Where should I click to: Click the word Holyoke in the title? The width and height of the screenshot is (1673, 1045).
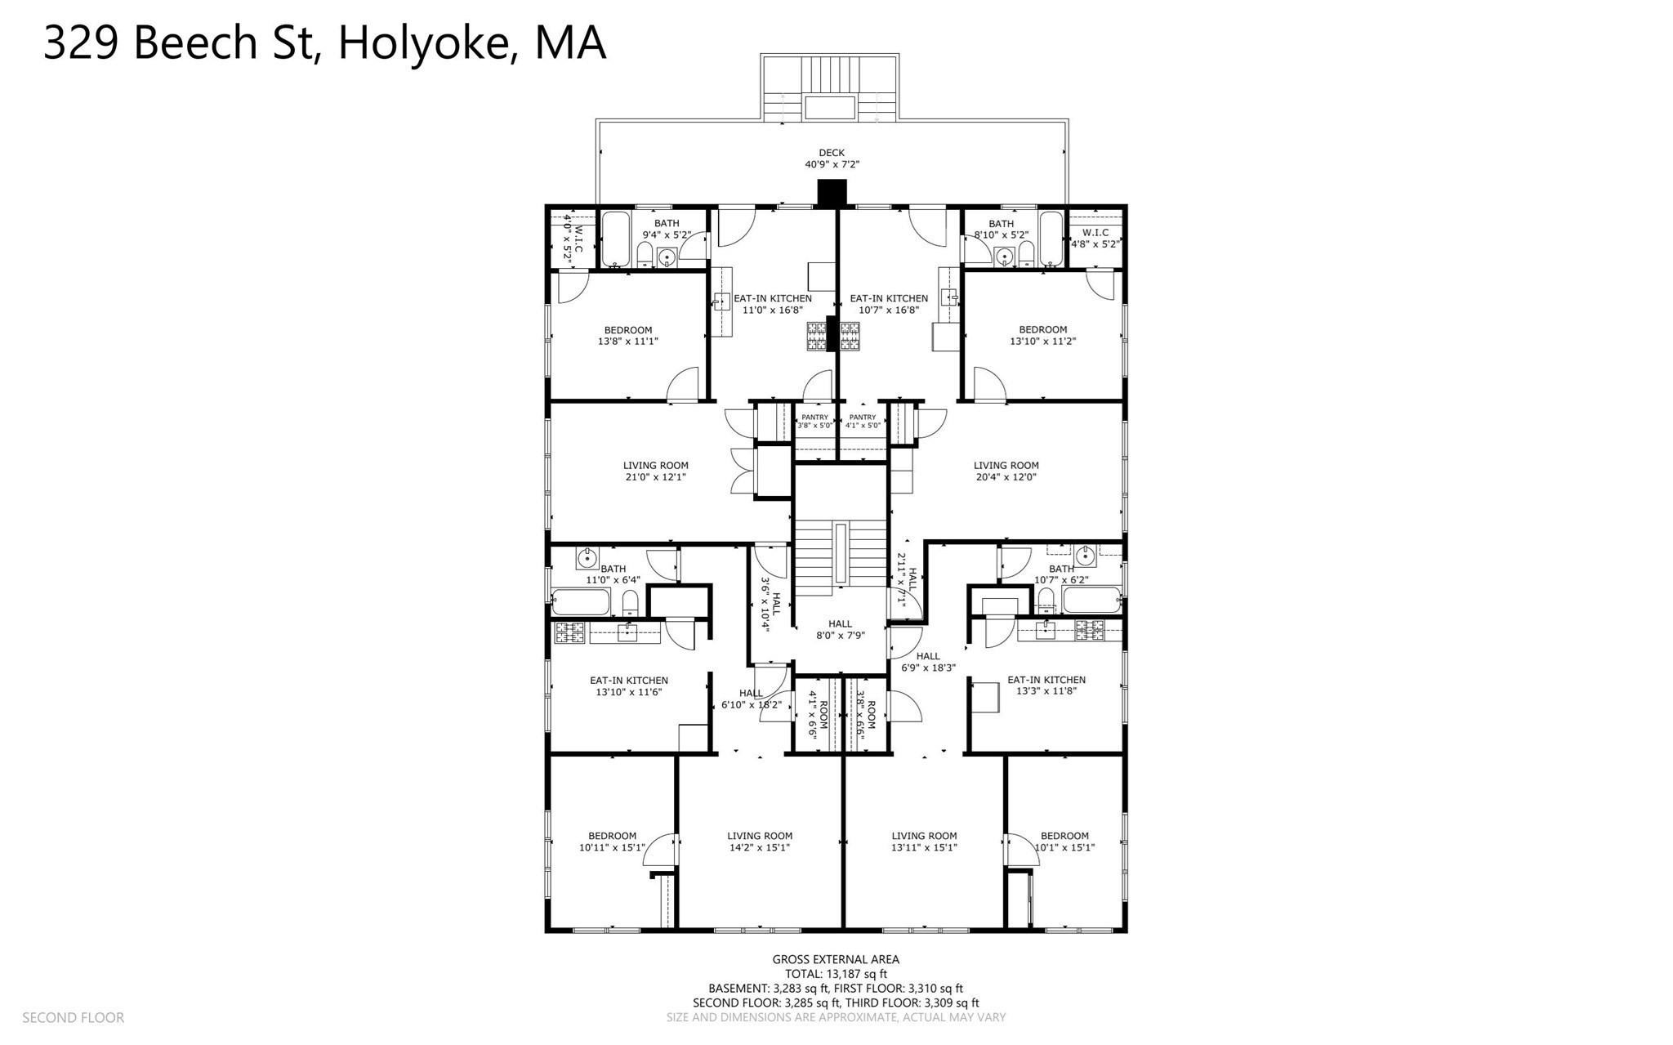[x=424, y=42]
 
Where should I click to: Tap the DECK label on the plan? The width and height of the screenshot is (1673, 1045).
[x=832, y=153]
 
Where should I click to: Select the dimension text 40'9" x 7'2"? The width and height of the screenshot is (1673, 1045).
[x=832, y=164]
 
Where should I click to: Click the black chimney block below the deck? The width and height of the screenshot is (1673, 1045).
[x=832, y=192]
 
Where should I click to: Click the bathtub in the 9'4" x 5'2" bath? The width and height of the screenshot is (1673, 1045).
[x=615, y=239]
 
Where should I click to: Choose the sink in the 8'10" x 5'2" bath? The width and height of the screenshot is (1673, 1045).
[x=1005, y=258]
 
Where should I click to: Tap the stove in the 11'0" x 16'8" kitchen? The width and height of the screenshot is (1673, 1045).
[x=817, y=336]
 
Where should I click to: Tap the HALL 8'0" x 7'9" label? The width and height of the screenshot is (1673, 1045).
[x=840, y=629]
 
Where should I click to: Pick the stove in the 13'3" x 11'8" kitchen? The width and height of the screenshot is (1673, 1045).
[x=1087, y=629]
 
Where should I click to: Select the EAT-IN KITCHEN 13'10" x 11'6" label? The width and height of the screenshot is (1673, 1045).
[x=628, y=686]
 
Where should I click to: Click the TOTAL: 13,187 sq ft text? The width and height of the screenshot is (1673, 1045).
[x=836, y=974]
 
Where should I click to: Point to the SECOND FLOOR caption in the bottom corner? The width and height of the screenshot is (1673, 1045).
[x=73, y=1018]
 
